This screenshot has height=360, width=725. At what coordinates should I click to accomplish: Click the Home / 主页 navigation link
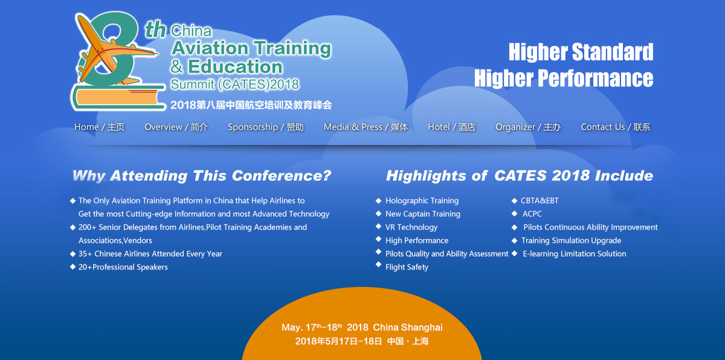click(99, 127)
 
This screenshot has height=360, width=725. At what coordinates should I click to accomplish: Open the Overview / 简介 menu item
click(176, 127)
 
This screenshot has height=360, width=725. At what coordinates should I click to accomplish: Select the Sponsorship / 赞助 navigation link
click(266, 127)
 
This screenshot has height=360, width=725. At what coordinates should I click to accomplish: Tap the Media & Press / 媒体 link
click(366, 127)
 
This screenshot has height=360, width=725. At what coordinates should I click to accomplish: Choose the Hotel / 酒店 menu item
click(451, 127)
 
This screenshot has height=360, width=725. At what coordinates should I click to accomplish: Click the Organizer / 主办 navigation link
click(528, 127)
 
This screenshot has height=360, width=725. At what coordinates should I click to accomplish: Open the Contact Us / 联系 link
click(615, 127)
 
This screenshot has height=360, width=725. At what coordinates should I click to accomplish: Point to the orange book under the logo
click(118, 98)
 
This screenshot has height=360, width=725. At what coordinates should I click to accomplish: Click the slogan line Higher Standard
click(581, 52)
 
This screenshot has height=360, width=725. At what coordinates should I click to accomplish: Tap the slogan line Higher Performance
click(564, 79)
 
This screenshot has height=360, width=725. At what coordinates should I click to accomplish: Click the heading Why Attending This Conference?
click(202, 176)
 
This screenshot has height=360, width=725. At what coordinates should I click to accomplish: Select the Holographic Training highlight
click(422, 201)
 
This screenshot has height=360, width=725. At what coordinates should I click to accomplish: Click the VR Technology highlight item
click(411, 227)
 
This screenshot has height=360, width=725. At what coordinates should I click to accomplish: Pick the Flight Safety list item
click(407, 267)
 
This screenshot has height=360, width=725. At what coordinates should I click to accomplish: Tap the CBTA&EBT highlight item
click(540, 201)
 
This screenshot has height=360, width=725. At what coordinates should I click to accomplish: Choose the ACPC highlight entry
click(532, 214)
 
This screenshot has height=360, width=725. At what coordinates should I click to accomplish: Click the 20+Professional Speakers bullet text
click(123, 267)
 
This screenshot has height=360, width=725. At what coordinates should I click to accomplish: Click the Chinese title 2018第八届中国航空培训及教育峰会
click(251, 104)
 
